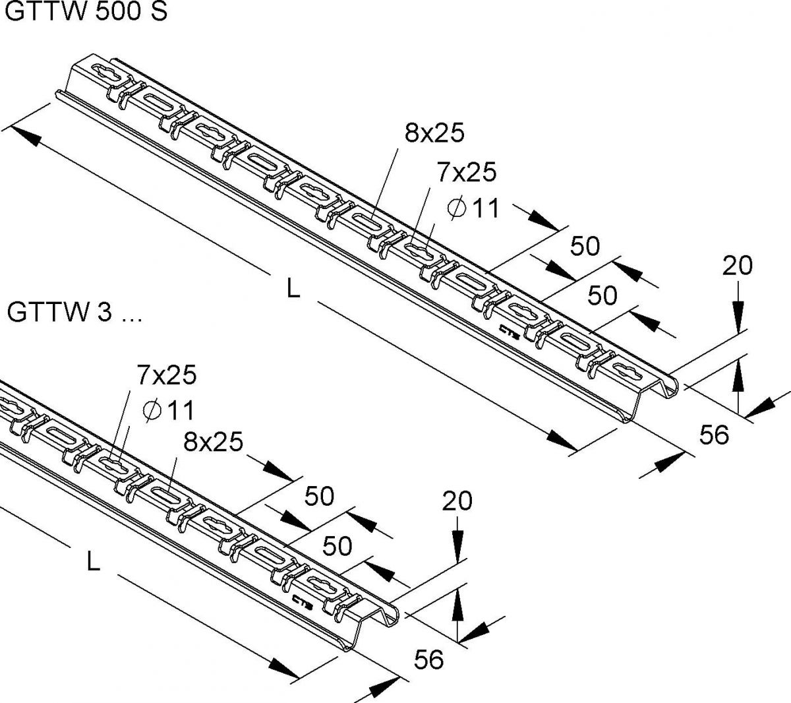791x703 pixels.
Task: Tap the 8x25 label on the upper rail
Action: point(434,133)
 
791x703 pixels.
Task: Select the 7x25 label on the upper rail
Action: point(466,173)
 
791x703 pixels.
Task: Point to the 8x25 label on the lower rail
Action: point(213,441)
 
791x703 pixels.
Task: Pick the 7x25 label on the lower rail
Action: point(167,375)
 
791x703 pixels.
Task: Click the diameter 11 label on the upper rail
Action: point(474,209)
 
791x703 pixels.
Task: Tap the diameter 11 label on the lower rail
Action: point(169,410)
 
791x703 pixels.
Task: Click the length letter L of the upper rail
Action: point(293,289)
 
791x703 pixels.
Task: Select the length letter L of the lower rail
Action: point(94,562)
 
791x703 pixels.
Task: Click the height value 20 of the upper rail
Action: point(737,266)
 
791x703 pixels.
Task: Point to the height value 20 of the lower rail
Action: point(457,501)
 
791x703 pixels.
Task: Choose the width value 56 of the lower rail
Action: point(428,659)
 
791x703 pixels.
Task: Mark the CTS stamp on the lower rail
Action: point(301,599)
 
